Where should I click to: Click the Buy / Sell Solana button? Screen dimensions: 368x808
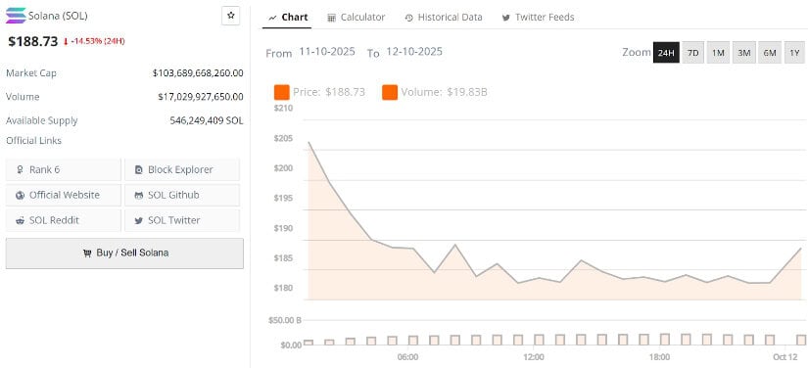pos(124,253)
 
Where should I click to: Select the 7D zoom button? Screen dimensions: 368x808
pos(692,52)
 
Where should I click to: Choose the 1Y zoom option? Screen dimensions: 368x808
pos(794,52)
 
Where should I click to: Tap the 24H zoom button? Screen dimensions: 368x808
pos(666,52)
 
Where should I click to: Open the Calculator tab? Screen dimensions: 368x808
pos(356,18)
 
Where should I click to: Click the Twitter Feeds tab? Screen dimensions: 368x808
pos(538,18)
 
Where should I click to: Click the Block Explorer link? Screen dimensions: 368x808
pos(181,169)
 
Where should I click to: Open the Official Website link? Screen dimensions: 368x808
pos(64,195)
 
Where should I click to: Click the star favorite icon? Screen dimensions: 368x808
pos(230,16)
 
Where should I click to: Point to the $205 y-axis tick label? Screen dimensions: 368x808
pos(283,138)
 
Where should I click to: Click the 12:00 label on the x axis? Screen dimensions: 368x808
pos(534,357)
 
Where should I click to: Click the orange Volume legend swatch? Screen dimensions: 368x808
pos(389,92)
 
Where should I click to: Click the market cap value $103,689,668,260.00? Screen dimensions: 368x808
pos(198,73)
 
